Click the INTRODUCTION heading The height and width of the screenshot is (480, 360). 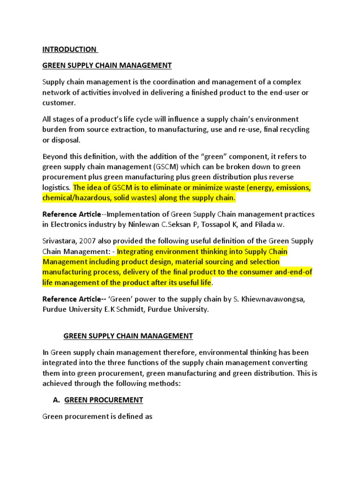pos(70,49)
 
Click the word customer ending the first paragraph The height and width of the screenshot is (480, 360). pos(58,103)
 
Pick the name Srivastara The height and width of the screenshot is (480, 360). pos(60,241)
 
